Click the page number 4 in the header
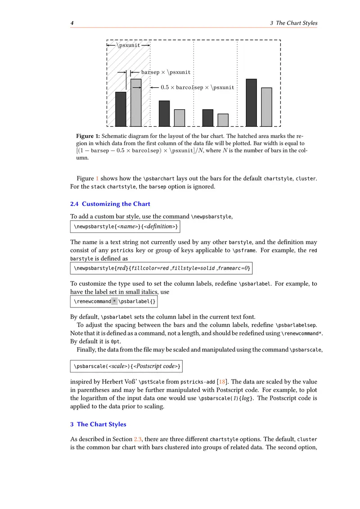(x=72, y=23)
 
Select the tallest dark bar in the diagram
(x=251, y=103)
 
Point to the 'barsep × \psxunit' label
(x=166, y=72)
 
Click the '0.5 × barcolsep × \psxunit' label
(x=198, y=88)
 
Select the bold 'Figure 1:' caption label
(x=88, y=136)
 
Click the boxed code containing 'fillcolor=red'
(x=162, y=268)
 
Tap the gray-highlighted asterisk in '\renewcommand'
(x=114, y=301)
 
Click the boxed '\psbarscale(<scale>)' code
(x=127, y=367)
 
